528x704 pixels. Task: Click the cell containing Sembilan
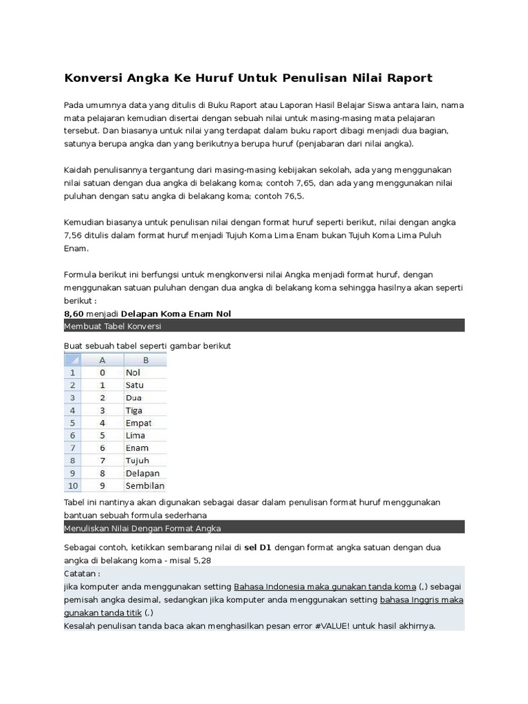point(144,485)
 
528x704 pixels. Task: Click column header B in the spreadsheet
point(145,360)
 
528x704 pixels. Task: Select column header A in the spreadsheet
point(102,360)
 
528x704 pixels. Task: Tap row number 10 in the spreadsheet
point(73,485)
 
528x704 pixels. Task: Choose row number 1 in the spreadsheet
point(73,373)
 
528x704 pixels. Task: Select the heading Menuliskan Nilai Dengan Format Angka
point(142,528)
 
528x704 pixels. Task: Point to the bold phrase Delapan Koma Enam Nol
point(176,313)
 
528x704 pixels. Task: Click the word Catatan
point(82,573)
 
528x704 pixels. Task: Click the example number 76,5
point(291,196)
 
